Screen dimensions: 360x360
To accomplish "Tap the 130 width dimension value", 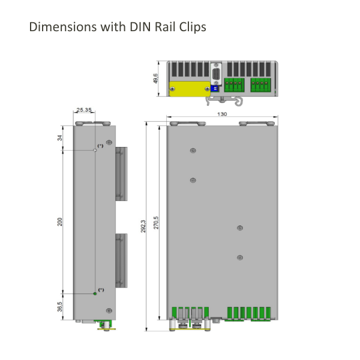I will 222,114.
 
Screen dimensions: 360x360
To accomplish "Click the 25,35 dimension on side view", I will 84,110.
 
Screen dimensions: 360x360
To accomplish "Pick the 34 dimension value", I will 60,138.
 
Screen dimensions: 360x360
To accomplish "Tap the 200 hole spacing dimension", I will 60,222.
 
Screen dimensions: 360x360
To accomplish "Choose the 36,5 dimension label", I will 60,307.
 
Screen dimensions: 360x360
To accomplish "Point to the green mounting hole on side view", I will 95,293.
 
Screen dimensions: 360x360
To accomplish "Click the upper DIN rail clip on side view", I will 121,174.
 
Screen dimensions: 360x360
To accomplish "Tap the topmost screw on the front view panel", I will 192,151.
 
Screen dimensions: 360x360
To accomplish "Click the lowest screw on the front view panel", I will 239,257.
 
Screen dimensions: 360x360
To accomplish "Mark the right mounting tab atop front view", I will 257,124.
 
